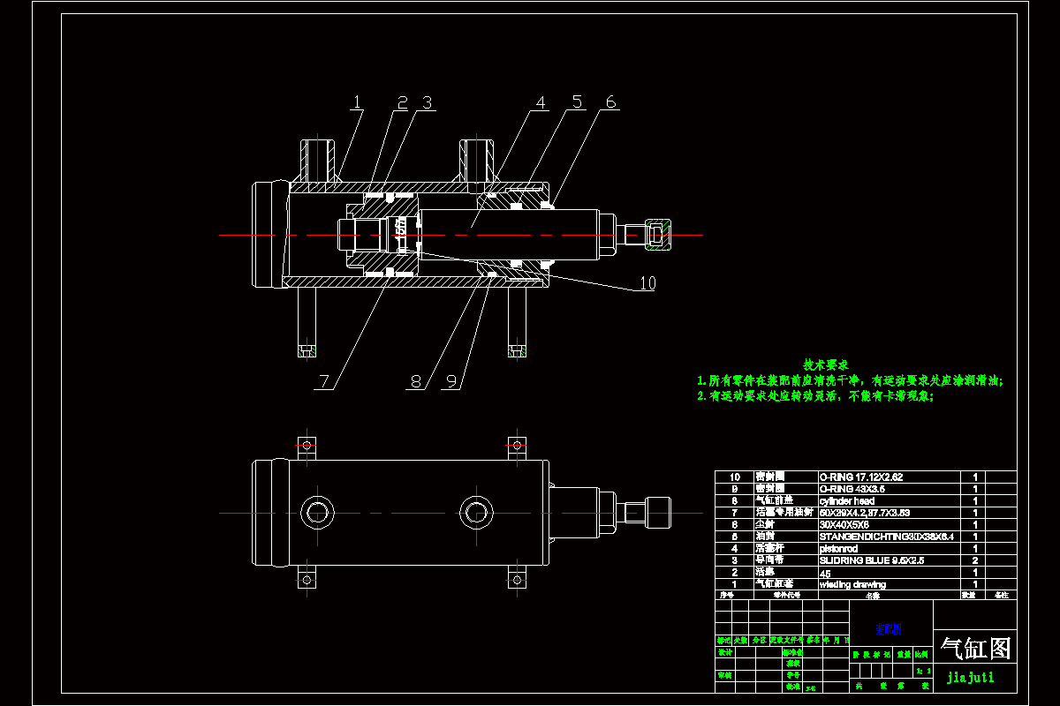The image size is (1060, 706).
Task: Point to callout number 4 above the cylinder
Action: click(x=541, y=103)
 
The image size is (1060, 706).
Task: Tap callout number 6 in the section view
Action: click(x=609, y=102)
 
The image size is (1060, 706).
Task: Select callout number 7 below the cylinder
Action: click(x=325, y=381)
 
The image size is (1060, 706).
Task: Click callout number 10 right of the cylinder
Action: click(x=647, y=283)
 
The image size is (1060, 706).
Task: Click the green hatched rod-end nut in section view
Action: click(x=659, y=235)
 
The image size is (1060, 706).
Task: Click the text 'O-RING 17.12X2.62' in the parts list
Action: click(x=861, y=477)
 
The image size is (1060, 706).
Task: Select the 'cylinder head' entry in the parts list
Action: click(x=847, y=501)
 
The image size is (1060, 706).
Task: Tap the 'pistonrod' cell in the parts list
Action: click(x=839, y=549)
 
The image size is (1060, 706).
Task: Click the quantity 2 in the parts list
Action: click(x=975, y=560)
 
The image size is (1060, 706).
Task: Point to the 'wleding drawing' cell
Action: click(x=852, y=584)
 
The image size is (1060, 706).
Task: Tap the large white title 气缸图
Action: click(x=976, y=650)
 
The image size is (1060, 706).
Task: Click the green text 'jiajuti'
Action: click(x=970, y=678)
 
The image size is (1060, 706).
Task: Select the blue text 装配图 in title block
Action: click(x=889, y=630)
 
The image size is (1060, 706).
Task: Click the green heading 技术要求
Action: click(x=826, y=364)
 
